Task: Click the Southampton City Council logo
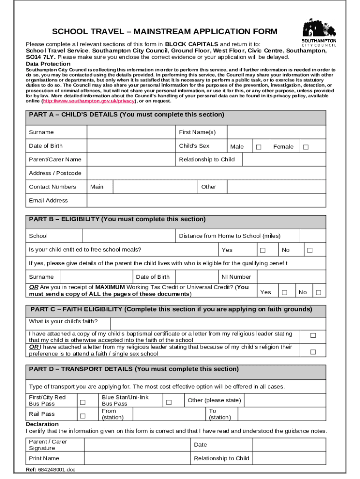click(x=319, y=33)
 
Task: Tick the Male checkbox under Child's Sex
click(x=258, y=147)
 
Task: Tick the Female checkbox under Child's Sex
click(x=306, y=147)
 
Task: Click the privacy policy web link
click(x=89, y=101)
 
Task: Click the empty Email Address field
click(x=206, y=200)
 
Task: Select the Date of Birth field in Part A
click(x=131, y=146)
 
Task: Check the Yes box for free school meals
click(x=263, y=250)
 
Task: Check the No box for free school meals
click(x=310, y=250)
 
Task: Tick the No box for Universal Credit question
click(x=318, y=293)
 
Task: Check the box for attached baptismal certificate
click(x=313, y=335)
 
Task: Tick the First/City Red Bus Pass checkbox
click(x=83, y=402)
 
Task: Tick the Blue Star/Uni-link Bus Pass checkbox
click(x=169, y=402)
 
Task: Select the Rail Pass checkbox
click(x=83, y=415)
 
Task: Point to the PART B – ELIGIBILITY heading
click(x=117, y=219)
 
